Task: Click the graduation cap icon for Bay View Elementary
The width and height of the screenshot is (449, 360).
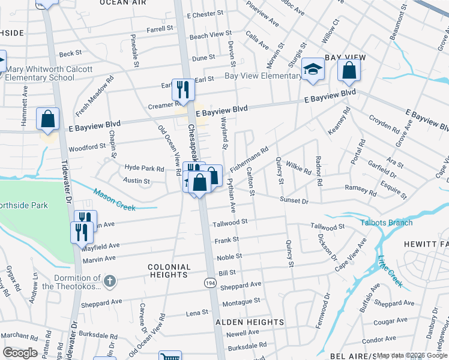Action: [313, 70]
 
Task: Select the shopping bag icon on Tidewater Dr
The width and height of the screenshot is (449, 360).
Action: [47, 119]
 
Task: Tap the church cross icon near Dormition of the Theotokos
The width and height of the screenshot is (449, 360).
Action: [109, 281]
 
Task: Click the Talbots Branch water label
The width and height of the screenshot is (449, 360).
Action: [386, 223]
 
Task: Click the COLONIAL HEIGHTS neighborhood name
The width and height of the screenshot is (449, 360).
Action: [169, 270]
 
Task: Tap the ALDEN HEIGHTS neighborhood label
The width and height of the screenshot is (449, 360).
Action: [249, 322]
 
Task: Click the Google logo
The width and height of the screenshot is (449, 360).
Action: [20, 352]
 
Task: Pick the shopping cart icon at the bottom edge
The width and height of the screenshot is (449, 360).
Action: [170, 356]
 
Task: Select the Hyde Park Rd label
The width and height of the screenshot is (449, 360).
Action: [144, 169]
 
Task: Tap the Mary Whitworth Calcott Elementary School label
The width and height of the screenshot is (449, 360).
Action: [49, 73]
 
